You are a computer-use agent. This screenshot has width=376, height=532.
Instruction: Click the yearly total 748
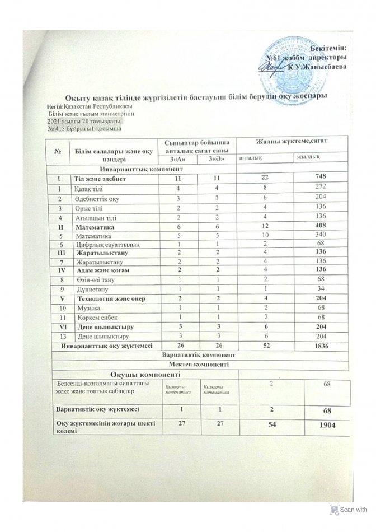321,178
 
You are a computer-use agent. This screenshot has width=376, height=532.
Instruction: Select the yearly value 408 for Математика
321,228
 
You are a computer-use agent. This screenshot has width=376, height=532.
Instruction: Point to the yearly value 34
321,288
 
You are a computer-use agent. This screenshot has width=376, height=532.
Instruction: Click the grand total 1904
325,426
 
